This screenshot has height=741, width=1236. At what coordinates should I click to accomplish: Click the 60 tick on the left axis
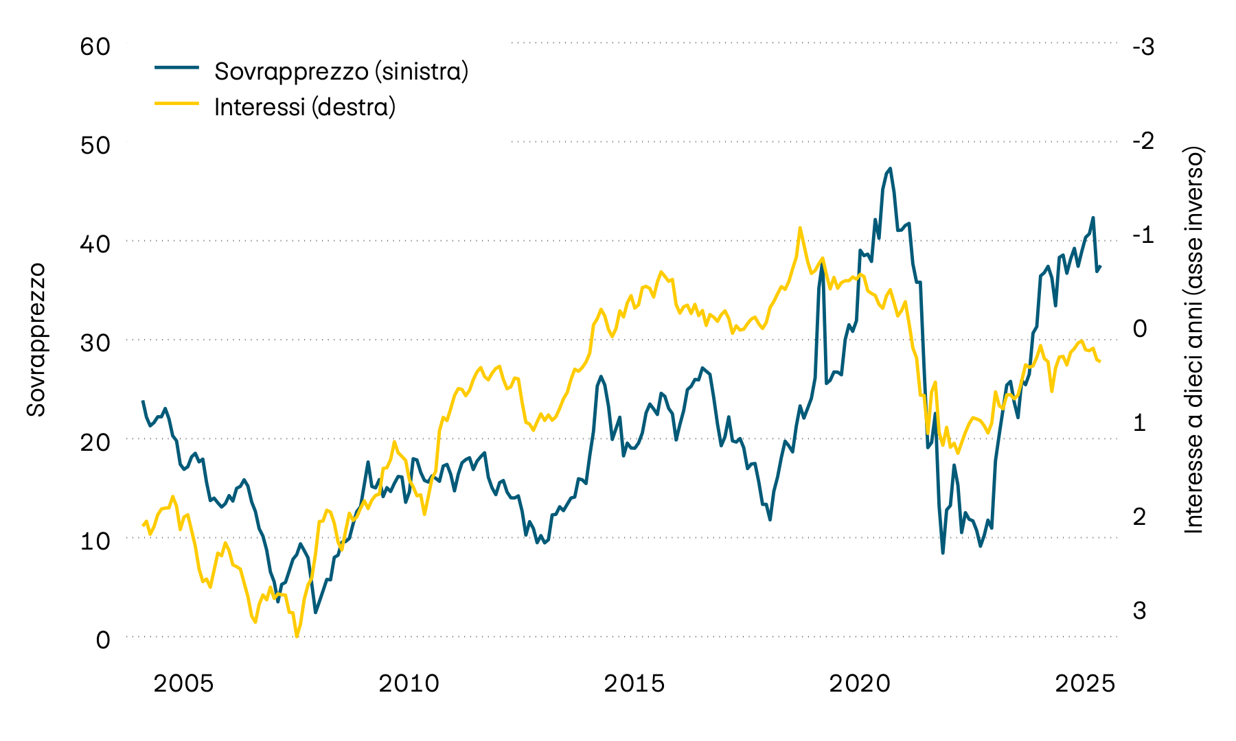tap(95, 47)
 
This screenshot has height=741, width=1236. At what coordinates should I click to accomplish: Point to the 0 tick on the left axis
tap(103, 639)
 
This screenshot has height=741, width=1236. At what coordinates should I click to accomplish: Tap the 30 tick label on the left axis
tap(95, 343)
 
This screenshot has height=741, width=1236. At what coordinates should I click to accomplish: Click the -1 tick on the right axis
tap(1143, 235)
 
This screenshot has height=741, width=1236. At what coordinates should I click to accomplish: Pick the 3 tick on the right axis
tap(1140, 610)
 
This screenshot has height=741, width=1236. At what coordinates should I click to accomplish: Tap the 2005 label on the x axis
tap(183, 683)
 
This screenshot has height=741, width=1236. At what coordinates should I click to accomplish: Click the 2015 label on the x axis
tap(634, 683)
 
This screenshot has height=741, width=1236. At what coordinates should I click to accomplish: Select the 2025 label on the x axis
tap(1086, 683)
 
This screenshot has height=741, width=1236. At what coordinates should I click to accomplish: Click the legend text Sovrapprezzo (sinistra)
tap(341, 71)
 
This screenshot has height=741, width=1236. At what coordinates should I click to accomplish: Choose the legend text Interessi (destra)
tap(305, 107)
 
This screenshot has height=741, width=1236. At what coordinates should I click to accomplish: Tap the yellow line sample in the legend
tap(176, 104)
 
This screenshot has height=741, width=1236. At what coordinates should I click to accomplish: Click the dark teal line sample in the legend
tap(176, 68)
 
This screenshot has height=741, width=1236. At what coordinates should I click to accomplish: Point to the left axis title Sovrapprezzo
tap(36, 340)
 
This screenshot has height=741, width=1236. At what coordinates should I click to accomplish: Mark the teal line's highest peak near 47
tap(890, 168)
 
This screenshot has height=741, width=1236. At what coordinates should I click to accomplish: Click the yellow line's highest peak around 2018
tap(800, 228)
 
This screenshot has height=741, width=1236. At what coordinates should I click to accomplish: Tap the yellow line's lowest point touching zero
tap(297, 636)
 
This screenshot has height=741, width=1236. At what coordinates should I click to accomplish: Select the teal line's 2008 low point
tap(315, 612)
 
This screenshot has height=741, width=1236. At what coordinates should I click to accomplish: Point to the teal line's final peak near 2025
tap(1092, 218)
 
